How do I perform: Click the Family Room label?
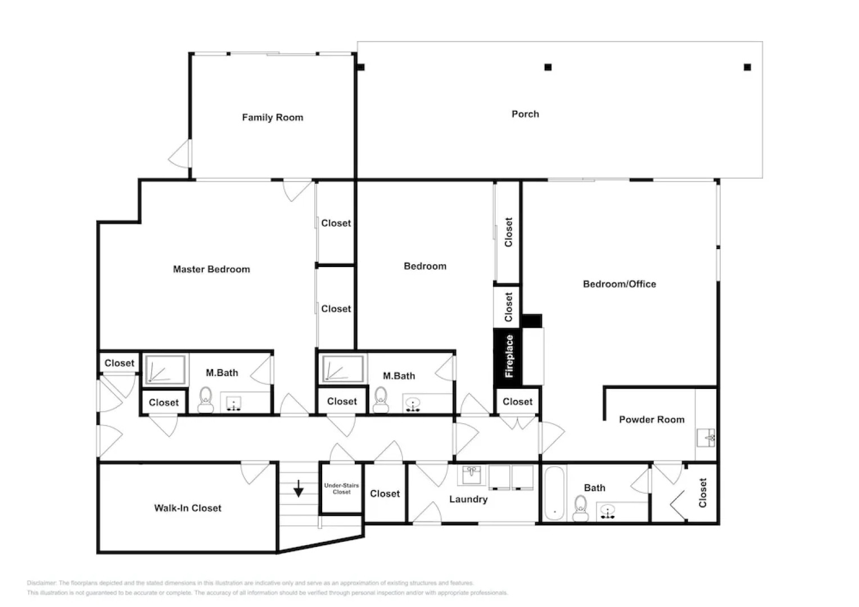pyautogui.click(x=273, y=117)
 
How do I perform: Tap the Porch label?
pyautogui.click(x=525, y=114)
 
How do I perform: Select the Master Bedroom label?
pyautogui.click(x=211, y=269)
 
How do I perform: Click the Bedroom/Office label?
pyautogui.click(x=619, y=284)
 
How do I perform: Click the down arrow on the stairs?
pyautogui.click(x=299, y=488)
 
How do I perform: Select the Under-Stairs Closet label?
pyautogui.click(x=341, y=488)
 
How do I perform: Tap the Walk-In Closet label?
pyautogui.click(x=188, y=508)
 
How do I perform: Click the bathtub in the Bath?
pyautogui.click(x=554, y=493)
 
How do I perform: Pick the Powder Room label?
pyautogui.click(x=652, y=419)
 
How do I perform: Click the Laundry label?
pyautogui.click(x=468, y=499)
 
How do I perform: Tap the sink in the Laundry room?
pyautogui.click(x=472, y=474)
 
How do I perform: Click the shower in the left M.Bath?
pyautogui.click(x=165, y=370)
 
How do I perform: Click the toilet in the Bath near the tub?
pyautogui.click(x=580, y=509)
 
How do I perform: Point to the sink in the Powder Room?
pyautogui.click(x=706, y=436)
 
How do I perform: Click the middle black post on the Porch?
pyautogui.click(x=548, y=67)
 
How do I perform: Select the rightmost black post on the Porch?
pyautogui.click(x=747, y=67)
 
